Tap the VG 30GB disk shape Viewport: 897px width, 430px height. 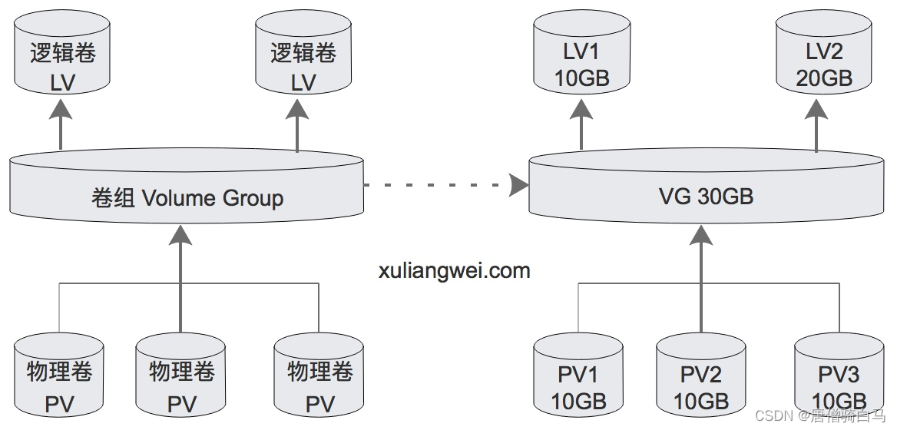tap(706, 184)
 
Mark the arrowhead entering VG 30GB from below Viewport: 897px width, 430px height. tap(701, 233)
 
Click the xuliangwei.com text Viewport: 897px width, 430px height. tap(455, 270)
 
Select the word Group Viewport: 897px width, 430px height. tap(253, 198)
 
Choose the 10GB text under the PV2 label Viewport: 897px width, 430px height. tap(701, 401)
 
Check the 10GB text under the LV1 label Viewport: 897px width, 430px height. tap(581, 78)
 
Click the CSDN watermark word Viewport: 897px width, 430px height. tap(773, 415)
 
